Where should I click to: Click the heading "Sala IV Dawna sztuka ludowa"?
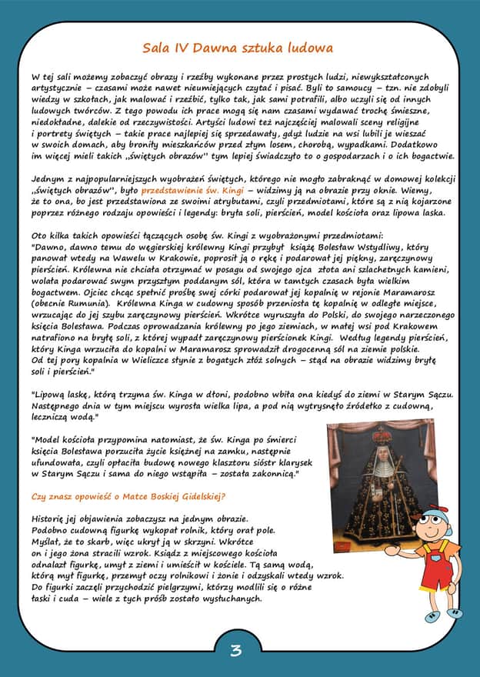click(x=237, y=48)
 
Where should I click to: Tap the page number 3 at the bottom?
click(x=236, y=650)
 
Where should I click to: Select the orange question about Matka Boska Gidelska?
click(x=128, y=496)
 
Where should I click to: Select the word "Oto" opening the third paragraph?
click(x=40, y=234)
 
